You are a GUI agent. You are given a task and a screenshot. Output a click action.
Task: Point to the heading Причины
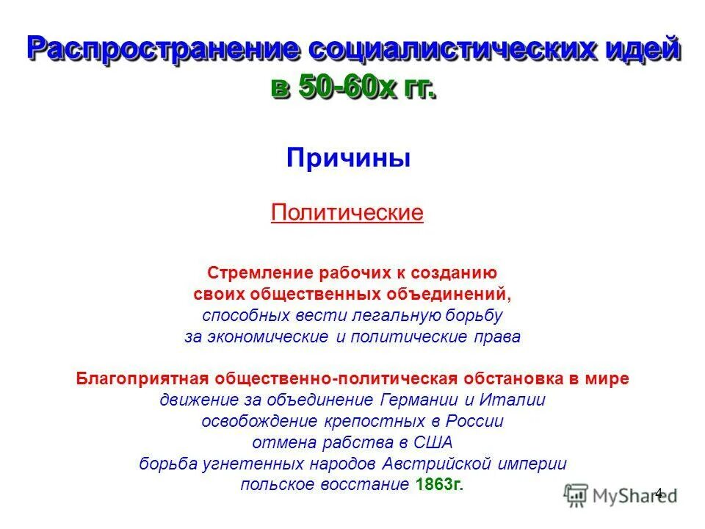[x=348, y=157]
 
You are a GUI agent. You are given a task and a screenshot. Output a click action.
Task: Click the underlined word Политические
[x=347, y=213]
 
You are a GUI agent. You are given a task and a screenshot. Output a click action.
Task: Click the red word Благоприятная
[x=143, y=379]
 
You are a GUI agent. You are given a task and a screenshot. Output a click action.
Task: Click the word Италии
[x=518, y=400]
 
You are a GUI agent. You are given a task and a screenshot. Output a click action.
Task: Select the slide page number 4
[x=659, y=493]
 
